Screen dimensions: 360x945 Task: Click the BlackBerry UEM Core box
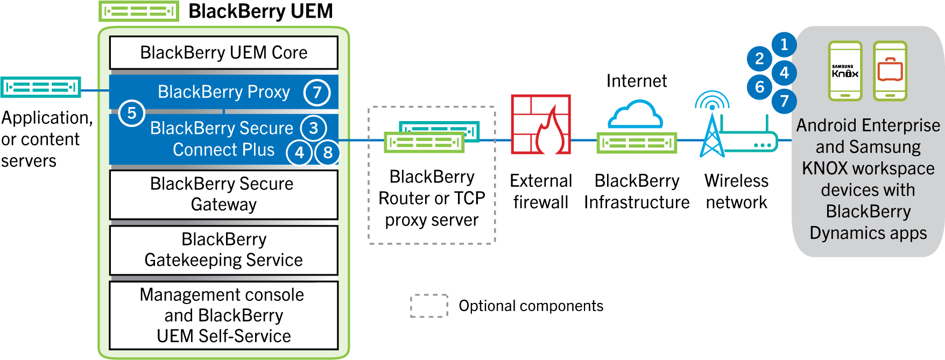(224, 53)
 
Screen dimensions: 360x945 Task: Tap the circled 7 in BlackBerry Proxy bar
(317, 93)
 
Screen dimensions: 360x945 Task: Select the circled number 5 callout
(131, 113)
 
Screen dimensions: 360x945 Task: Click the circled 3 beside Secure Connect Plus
(313, 128)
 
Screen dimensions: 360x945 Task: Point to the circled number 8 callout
(327, 152)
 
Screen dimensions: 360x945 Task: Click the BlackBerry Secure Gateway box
(224, 194)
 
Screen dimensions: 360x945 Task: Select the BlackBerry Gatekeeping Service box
(224, 250)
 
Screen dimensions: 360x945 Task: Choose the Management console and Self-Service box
(224, 315)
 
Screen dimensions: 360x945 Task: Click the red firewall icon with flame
(540, 125)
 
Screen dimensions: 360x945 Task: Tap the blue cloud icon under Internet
(635, 114)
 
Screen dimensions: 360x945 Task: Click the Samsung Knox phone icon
(845, 71)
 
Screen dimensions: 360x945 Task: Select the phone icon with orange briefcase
(890, 71)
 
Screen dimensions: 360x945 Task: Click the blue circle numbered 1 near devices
(784, 44)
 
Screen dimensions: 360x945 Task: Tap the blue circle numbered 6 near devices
(759, 86)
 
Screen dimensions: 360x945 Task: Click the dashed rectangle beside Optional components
(429, 306)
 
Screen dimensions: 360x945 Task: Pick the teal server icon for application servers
(41, 87)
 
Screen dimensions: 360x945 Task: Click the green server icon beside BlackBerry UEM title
(139, 11)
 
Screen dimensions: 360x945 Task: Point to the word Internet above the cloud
(636, 81)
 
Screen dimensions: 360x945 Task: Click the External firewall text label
(540, 192)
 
